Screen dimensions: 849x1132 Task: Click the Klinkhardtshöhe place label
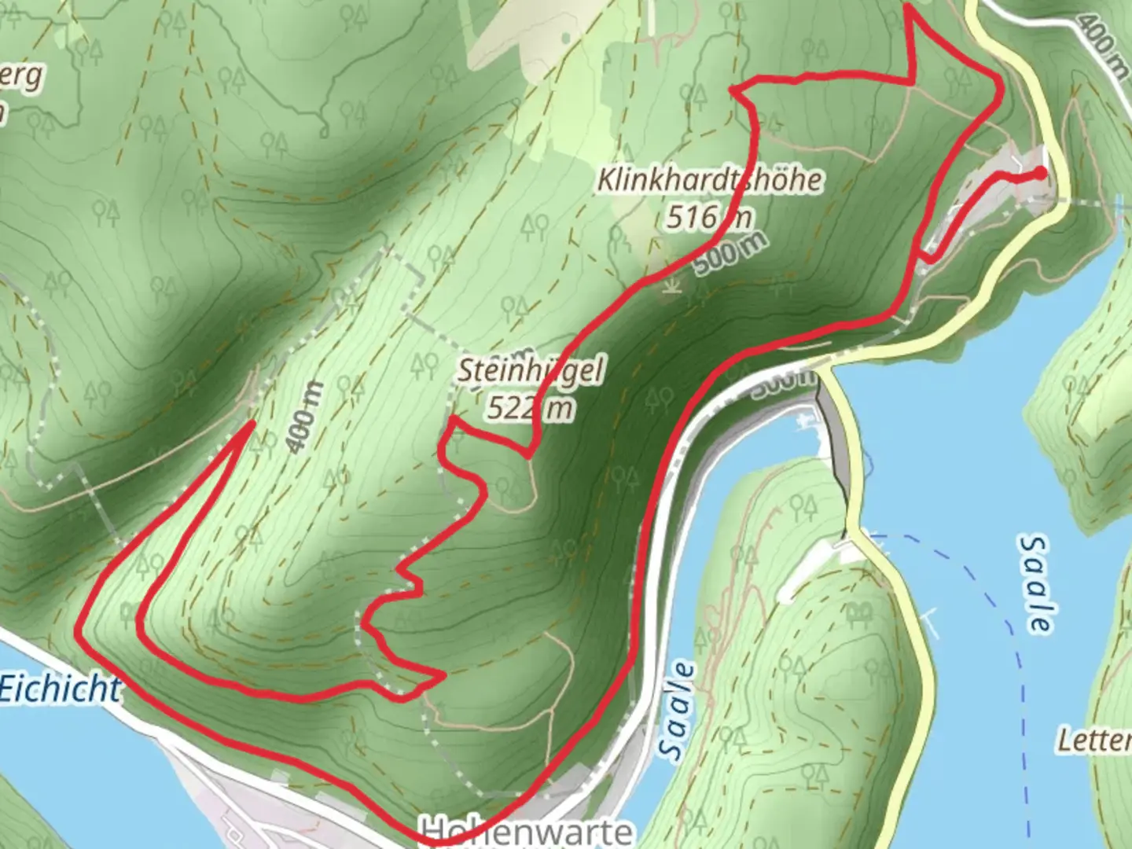[x=710, y=180]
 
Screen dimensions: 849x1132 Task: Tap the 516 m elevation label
[x=708, y=216]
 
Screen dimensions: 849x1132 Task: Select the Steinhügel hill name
[x=531, y=370]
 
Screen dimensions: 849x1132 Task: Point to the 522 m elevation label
[x=530, y=407]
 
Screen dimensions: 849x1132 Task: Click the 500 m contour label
[x=730, y=254]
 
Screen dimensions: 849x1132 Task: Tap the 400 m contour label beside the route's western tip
[x=304, y=417]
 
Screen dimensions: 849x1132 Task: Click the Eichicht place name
[x=60, y=689]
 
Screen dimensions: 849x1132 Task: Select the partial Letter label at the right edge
[x=1094, y=741]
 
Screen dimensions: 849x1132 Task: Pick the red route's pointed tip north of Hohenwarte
[x=443, y=674]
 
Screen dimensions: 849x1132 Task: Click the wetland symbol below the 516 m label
[x=670, y=285]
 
